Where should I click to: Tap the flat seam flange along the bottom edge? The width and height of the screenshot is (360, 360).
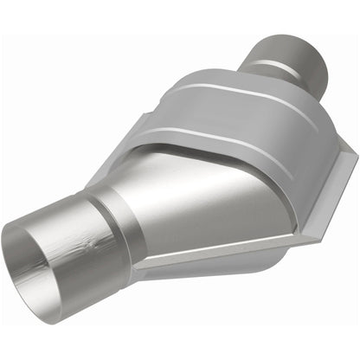click(x=208, y=257)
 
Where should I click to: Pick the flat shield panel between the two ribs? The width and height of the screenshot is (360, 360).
click(x=234, y=117)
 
